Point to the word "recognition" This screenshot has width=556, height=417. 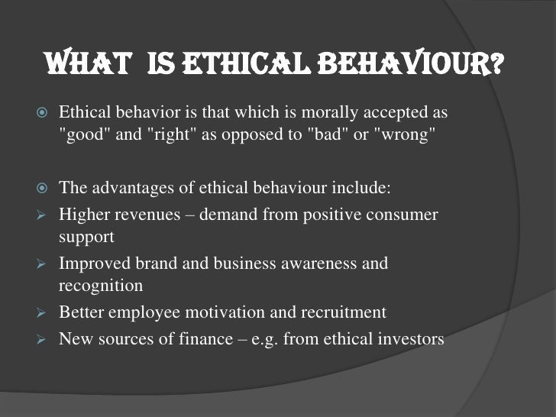pos(101,286)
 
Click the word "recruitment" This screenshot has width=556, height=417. pos(345,312)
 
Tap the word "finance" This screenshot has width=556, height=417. pos(202,338)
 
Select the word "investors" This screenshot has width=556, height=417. pos(408,338)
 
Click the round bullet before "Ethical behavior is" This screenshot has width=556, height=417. pos(43,114)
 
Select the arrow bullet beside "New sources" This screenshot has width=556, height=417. pos(43,339)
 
